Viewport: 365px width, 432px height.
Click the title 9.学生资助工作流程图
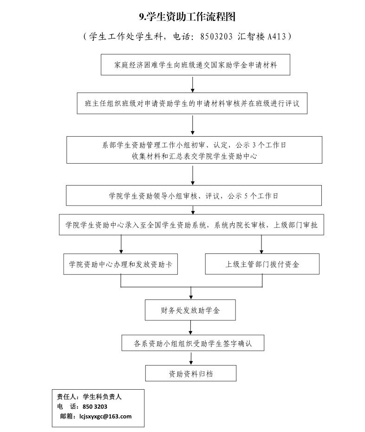(187, 17)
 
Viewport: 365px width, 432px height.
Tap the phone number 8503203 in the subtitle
(216, 36)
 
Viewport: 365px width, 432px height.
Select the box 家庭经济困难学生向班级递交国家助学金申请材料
(196, 65)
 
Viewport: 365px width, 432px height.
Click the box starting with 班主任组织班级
(192, 103)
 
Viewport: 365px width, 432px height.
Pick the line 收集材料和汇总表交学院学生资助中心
(194, 156)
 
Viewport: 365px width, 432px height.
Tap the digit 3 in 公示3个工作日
(254, 145)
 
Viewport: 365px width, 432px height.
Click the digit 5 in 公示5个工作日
(246, 196)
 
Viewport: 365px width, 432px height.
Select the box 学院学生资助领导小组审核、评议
(194, 195)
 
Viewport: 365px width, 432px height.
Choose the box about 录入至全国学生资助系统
(191, 225)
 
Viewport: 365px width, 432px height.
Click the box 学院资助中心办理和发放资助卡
(120, 264)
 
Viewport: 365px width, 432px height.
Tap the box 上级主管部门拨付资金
(262, 264)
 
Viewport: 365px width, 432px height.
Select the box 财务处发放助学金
(190, 310)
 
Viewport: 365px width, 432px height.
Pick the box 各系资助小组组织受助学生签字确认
(193, 343)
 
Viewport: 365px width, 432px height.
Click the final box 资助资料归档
(190, 373)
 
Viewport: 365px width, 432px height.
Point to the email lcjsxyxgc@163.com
(105, 416)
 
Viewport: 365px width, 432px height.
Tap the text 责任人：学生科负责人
(89, 397)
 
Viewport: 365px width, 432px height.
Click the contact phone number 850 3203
(95, 406)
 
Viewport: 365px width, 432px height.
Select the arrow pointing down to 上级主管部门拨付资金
(261, 244)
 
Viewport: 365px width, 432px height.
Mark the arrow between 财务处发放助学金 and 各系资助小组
(190, 327)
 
